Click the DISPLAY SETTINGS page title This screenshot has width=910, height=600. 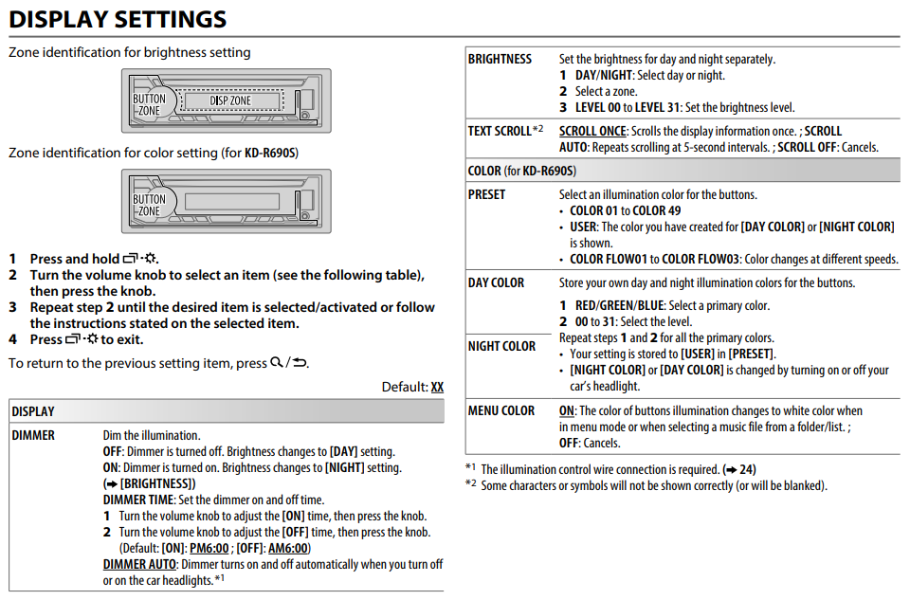coord(118,18)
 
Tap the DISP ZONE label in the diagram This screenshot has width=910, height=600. coord(230,100)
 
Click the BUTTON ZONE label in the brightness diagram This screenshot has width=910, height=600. coord(149,104)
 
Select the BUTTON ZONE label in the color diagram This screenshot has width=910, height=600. coord(149,205)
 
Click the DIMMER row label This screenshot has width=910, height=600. coord(33,435)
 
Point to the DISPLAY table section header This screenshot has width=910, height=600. coord(33,411)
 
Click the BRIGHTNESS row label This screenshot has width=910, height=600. coord(500,59)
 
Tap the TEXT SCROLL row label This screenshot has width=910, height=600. coord(500,131)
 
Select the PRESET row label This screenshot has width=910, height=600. coord(487,194)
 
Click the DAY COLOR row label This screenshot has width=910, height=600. coord(496,282)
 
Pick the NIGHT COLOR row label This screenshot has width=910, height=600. coord(501,346)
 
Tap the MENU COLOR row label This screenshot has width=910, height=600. coord(501,410)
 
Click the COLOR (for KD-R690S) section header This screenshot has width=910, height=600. coord(522,171)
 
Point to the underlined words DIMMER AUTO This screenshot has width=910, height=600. coord(139,564)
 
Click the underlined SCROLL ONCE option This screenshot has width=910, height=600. coord(592,131)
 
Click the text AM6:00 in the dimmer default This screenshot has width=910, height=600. coord(288,548)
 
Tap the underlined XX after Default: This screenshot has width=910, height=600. coord(437,387)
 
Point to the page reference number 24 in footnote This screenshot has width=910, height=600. coord(748,469)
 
